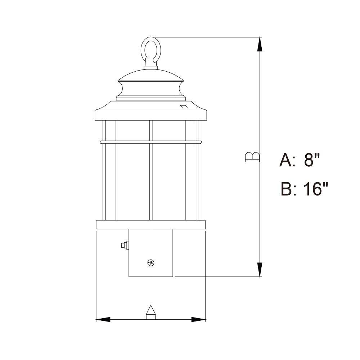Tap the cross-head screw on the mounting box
(x=151, y=263)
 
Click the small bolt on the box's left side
(x=125, y=245)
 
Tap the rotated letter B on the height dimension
(x=252, y=157)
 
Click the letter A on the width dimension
(x=150, y=312)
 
